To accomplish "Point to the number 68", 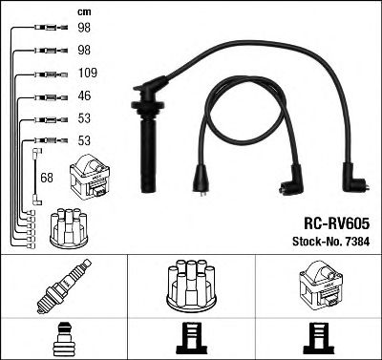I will pyautogui.click(x=47, y=177).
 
